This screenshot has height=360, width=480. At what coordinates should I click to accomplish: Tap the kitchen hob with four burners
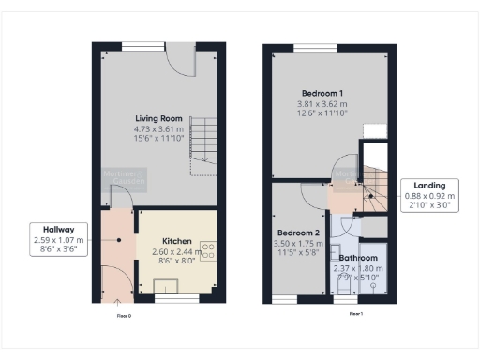pos(208,250)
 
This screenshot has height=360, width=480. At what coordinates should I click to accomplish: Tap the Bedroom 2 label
pos(298,232)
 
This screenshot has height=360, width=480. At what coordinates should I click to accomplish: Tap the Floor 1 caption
pos(355,314)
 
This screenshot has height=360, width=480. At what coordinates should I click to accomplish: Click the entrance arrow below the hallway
pos(118,302)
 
